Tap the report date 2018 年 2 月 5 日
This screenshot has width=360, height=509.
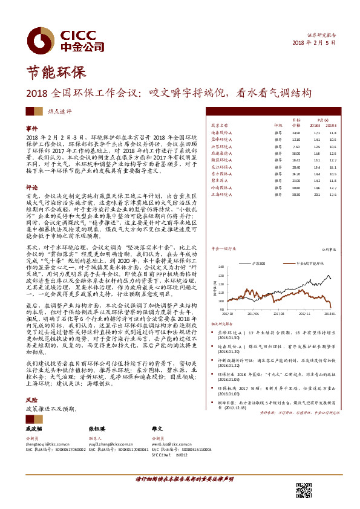318,42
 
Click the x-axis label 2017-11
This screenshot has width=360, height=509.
299,314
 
